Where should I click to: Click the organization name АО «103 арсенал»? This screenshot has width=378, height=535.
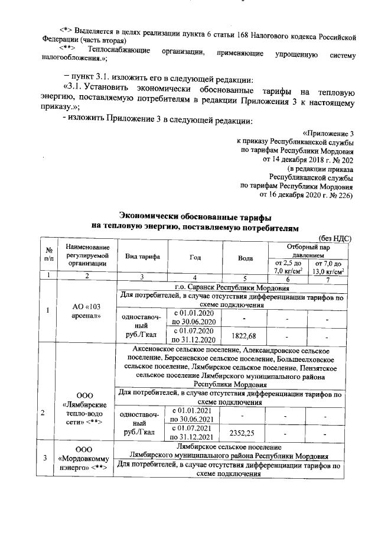click(87, 312)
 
